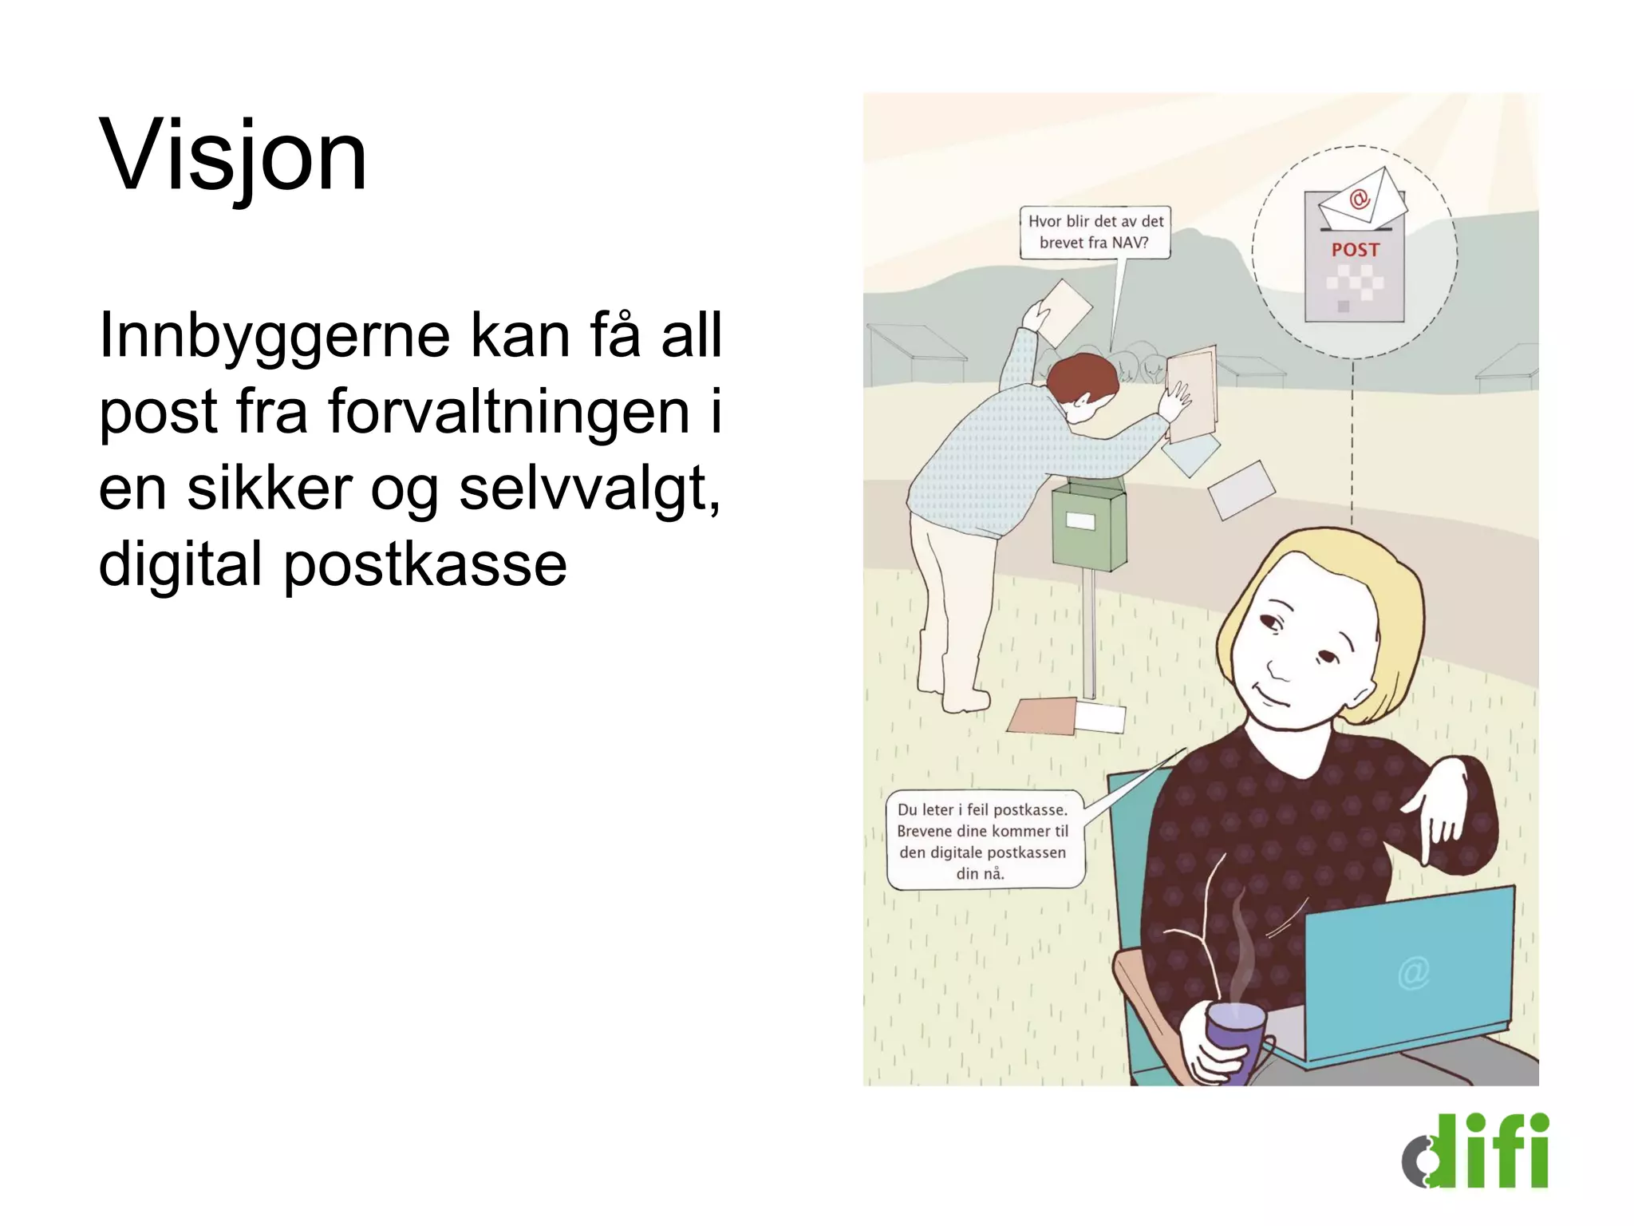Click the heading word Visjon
233,156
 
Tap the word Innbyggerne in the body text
274,336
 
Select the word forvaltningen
508,412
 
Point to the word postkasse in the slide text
424,564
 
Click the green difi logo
1475,1151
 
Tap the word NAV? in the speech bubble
1130,243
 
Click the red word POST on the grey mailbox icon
1355,250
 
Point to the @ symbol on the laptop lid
1413,973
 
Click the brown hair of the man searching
1081,378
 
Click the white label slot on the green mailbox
1080,521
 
